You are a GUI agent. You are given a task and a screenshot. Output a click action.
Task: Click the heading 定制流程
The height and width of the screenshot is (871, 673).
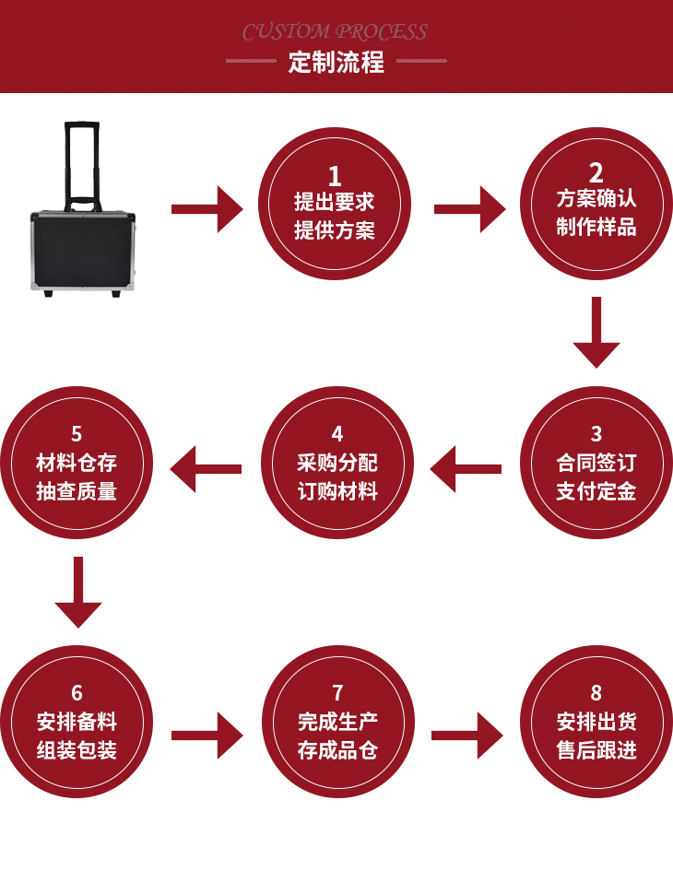point(336,63)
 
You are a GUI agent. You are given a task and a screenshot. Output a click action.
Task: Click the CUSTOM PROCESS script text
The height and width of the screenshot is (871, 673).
point(335,32)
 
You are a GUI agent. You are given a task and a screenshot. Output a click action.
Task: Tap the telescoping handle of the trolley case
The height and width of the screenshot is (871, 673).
point(81,161)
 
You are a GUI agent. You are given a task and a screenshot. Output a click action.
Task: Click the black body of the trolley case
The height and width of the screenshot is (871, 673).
point(82,250)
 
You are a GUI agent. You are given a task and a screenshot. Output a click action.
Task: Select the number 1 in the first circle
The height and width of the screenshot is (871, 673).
point(335,175)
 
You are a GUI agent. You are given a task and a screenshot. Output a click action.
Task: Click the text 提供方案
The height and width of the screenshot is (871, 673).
point(335,230)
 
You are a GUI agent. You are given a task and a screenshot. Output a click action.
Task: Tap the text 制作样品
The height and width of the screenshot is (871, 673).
point(596,227)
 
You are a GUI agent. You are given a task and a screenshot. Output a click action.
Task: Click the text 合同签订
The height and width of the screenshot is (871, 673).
point(596,462)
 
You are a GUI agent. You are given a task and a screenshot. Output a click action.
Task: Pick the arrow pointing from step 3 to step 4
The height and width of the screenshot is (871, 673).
point(466,469)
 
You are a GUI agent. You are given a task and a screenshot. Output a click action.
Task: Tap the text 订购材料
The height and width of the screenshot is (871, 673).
point(337,490)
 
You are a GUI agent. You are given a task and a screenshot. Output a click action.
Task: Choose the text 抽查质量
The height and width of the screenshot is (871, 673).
point(77,490)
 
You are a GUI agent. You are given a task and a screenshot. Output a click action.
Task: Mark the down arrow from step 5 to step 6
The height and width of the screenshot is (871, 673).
point(78,593)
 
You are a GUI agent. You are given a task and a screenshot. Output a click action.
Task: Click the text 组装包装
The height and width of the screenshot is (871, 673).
point(77,750)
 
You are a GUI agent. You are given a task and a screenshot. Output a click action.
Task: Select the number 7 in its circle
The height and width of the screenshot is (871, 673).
point(337,692)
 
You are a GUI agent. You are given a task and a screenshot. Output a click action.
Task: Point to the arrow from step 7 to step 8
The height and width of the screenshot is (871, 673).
point(466,736)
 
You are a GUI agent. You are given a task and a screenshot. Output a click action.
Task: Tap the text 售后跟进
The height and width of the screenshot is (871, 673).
point(596,750)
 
